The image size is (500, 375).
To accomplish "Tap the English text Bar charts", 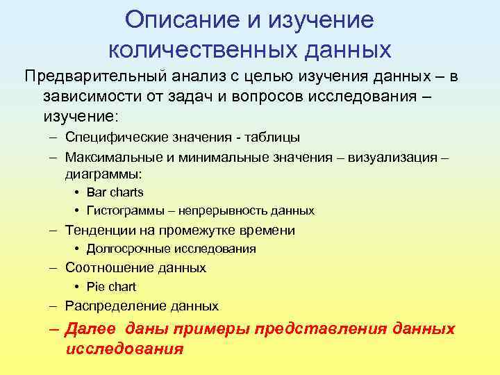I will point(115,192).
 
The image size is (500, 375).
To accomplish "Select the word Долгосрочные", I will point(129,249).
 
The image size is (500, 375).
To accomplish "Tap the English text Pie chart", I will point(111,287).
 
